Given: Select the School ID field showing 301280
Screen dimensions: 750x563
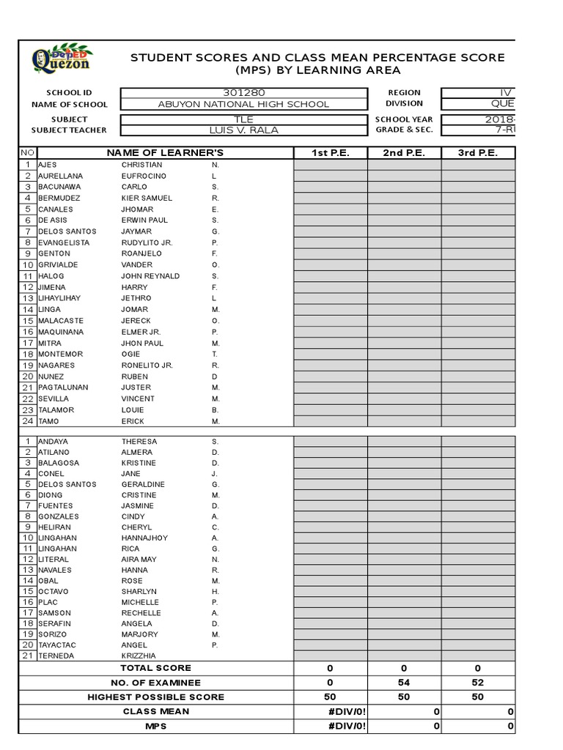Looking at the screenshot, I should tap(243, 93).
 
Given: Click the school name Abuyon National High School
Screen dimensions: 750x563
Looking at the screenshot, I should tap(243, 104).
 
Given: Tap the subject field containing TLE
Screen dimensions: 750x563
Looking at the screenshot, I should tap(243, 119).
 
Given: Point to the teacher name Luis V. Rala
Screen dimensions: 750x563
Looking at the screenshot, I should tap(243, 130).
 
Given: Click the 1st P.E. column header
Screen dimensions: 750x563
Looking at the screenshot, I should tap(330, 152).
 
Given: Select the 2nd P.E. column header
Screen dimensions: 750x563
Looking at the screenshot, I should tap(404, 152).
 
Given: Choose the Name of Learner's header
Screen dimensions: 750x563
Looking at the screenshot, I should tap(165, 152).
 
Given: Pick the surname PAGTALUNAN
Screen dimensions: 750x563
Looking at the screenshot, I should tap(63, 387).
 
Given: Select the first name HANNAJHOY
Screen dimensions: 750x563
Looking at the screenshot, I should tap(144, 538).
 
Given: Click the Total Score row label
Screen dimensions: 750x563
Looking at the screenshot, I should tap(156, 668).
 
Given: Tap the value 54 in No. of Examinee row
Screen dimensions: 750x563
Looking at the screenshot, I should tap(404, 683).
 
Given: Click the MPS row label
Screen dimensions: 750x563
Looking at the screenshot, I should tap(156, 726).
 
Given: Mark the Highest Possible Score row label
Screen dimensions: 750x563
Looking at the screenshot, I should tap(156, 697).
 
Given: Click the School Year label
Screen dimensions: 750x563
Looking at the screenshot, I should tap(404, 119).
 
